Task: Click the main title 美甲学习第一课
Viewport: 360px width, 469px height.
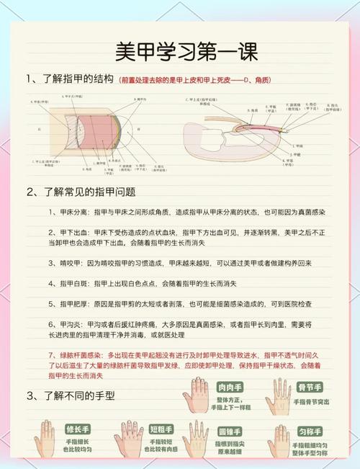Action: (179, 51)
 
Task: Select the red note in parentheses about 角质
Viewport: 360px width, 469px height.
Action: (196, 79)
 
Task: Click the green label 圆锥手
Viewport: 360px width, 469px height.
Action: (229, 432)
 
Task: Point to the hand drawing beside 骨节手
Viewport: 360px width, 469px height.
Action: (277, 396)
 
